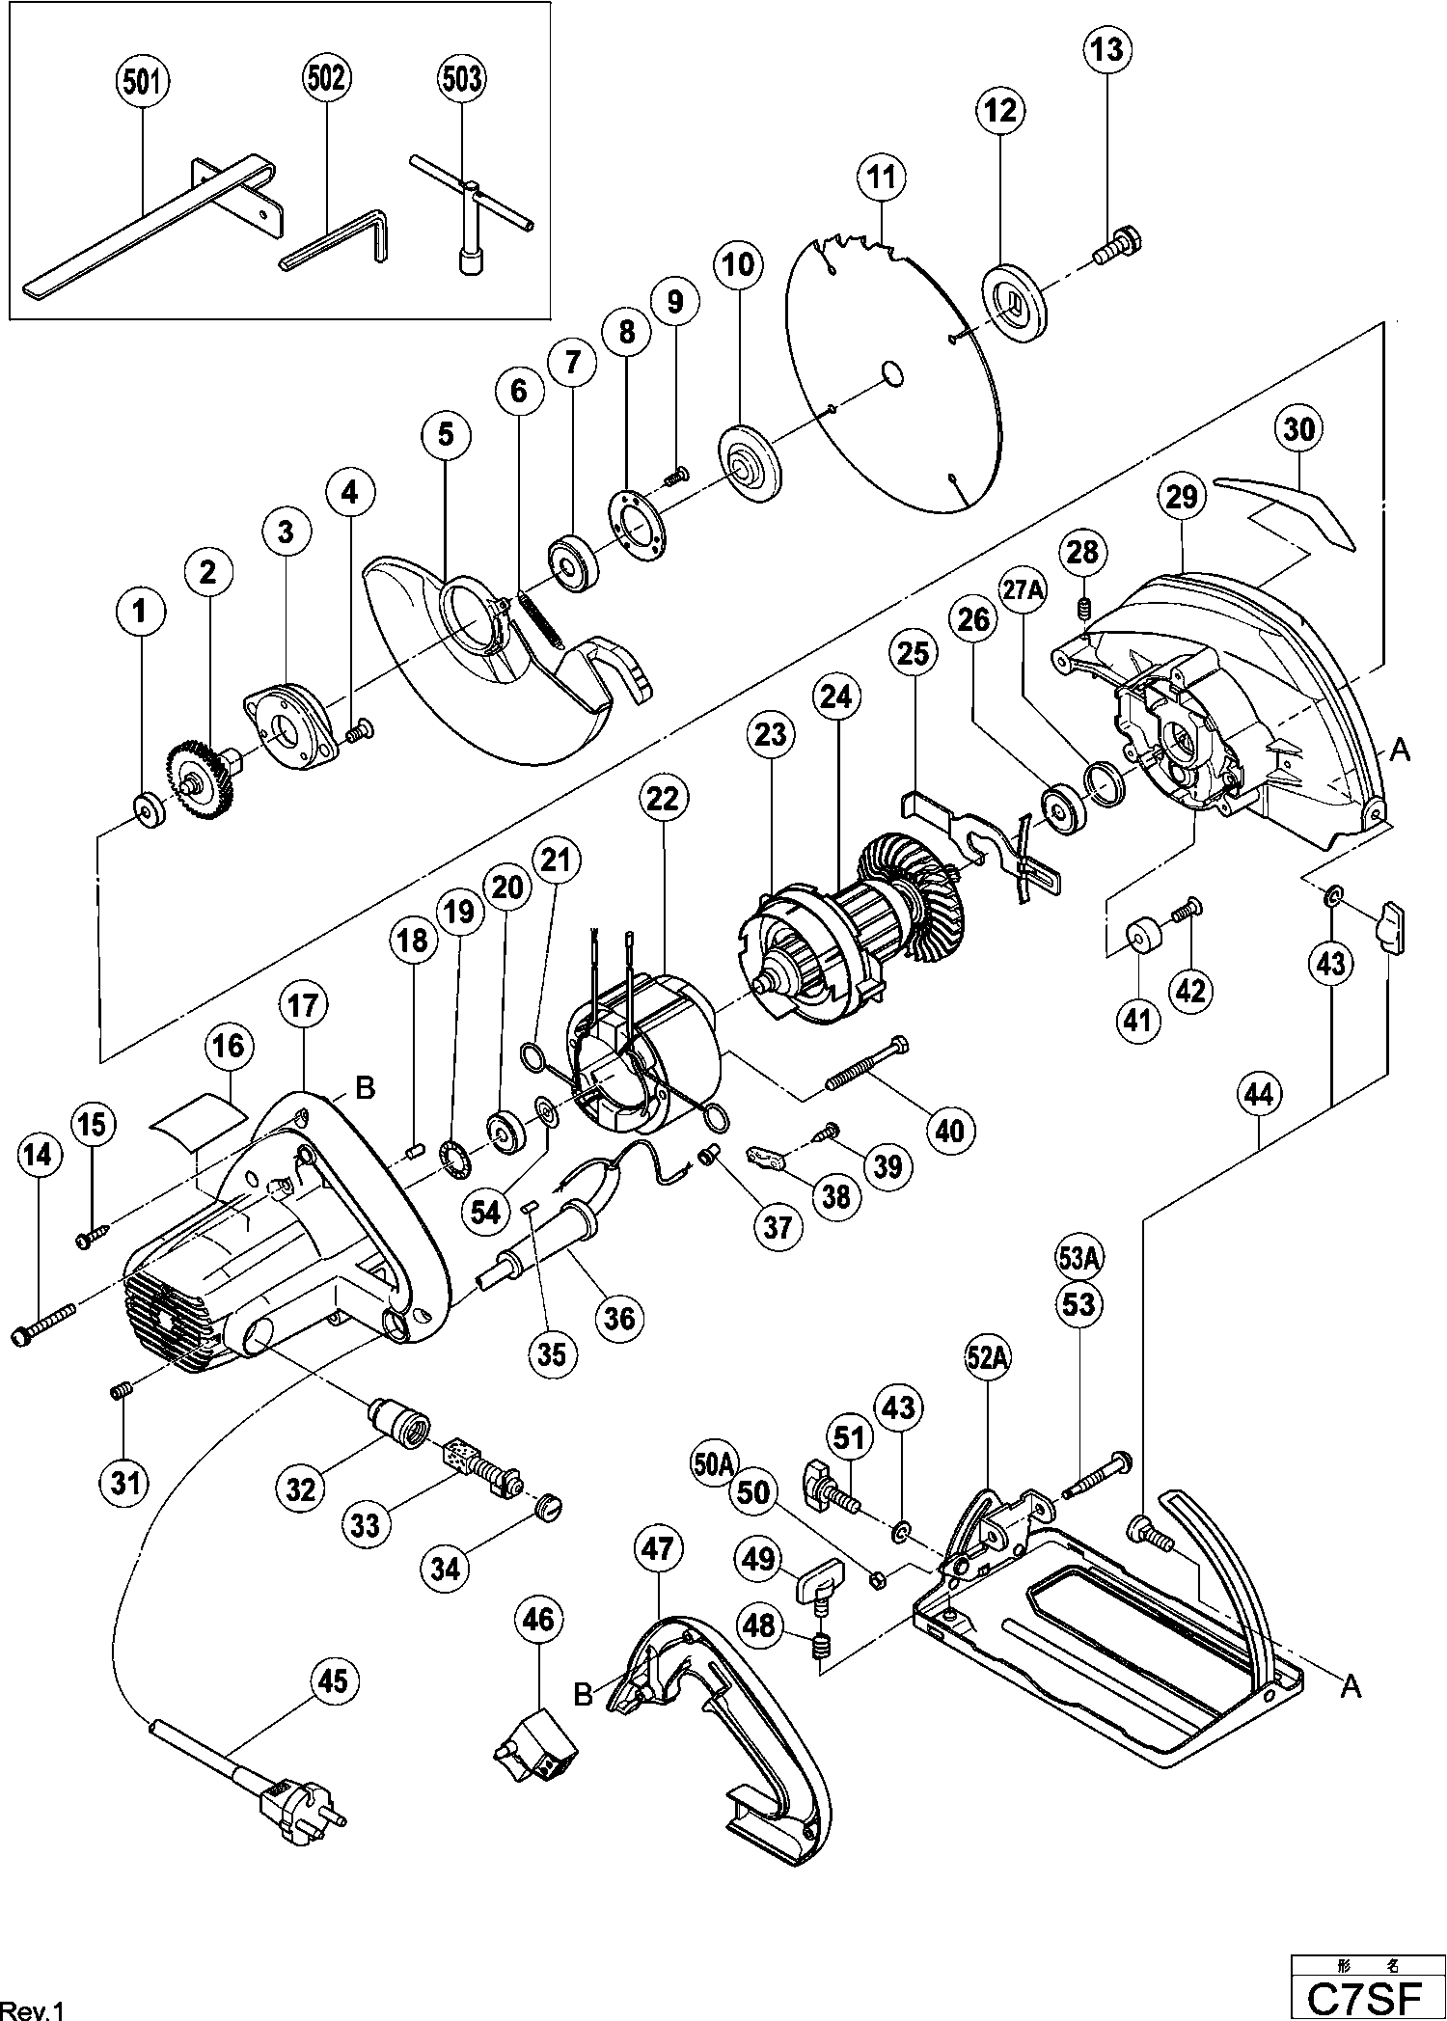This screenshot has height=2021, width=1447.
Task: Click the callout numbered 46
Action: (538, 1619)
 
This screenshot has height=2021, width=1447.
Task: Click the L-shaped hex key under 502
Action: (338, 241)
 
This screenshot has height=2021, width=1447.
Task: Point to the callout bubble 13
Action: (1107, 48)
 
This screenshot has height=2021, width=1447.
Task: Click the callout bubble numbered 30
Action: (1298, 428)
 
